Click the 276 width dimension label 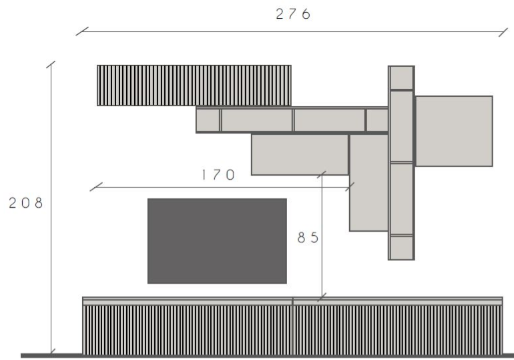(x=293, y=14)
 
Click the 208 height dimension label (x=25, y=203)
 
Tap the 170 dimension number (x=218, y=175)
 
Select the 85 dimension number (x=308, y=238)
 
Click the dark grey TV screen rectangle (x=217, y=241)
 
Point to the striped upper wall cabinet (x=194, y=85)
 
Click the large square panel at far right (x=454, y=131)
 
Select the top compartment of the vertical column (x=402, y=77)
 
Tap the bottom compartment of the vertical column (x=402, y=248)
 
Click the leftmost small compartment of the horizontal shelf (x=208, y=120)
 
